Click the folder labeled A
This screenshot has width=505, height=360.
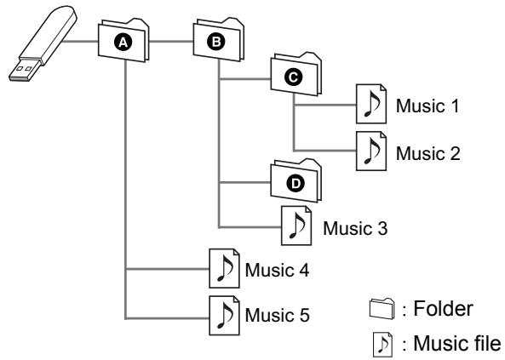point(123,40)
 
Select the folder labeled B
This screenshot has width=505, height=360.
point(218,40)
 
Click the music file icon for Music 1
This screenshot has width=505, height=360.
point(371,104)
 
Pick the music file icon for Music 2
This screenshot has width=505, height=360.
point(371,151)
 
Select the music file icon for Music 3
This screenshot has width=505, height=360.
point(296,226)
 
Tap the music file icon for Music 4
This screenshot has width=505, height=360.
point(225,268)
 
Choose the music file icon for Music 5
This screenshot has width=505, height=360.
point(225,316)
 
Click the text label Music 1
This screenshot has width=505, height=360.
point(428,106)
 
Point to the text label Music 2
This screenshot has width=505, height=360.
point(428,153)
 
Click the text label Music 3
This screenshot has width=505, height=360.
point(355,228)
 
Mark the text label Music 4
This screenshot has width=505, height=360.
point(277,270)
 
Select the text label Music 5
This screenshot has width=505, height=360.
point(277,315)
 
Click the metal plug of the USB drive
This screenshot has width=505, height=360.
point(23,69)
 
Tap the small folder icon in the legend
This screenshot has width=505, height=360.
point(382,308)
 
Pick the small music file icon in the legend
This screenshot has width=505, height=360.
point(382,345)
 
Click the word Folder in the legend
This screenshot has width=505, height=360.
point(443,308)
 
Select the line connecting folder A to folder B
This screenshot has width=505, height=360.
point(171,41)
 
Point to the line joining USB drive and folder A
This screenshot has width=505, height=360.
point(79,41)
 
